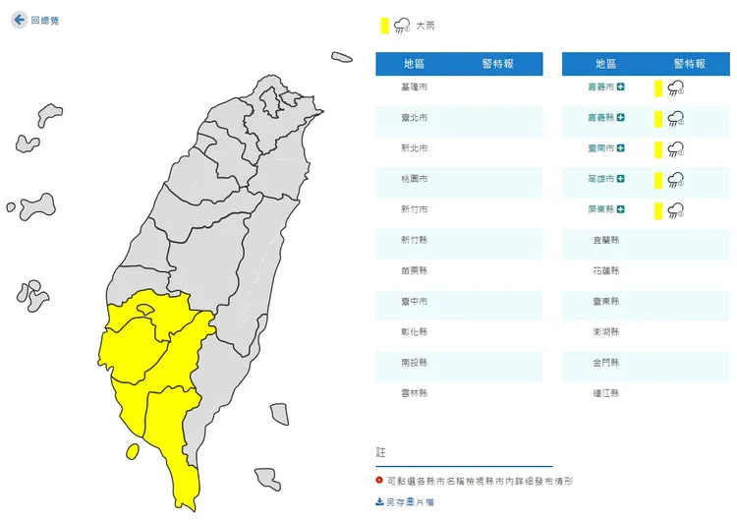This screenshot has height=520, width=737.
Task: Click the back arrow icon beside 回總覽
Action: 19,20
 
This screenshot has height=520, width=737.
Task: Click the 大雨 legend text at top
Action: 425,26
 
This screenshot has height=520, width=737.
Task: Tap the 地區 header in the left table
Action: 415,64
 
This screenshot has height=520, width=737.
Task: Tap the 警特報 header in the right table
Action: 688,64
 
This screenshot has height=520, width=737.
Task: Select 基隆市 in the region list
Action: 416,87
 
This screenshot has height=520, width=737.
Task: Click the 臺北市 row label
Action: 416,118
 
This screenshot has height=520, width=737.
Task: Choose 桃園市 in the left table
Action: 416,180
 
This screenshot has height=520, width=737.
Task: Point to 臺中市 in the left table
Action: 416,301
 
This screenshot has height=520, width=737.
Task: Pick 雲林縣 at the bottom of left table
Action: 416,392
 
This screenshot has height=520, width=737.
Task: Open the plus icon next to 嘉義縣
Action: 621,118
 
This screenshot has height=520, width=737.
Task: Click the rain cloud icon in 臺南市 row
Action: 676,149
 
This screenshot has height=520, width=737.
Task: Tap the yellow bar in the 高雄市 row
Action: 657,180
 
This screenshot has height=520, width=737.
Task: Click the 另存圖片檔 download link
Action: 405,501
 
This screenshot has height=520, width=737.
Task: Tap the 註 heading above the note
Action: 381,452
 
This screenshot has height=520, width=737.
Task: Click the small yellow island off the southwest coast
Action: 132,452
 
